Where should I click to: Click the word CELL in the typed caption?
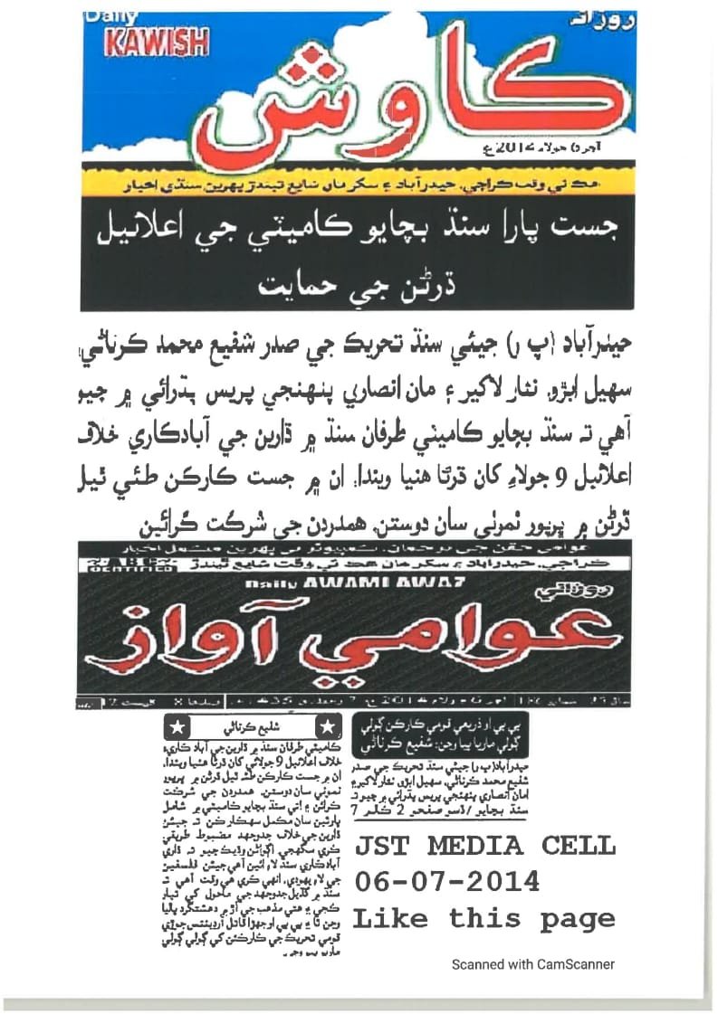(579, 847)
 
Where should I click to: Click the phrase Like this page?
(483, 918)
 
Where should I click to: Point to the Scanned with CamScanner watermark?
(533, 964)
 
